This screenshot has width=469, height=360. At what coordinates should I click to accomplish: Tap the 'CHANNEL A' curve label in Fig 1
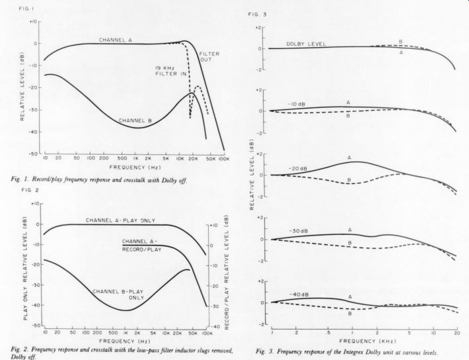click(116, 40)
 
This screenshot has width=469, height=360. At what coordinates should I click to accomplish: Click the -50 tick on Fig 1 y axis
click(33, 153)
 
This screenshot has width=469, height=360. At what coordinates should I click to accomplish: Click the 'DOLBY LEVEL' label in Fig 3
click(305, 44)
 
